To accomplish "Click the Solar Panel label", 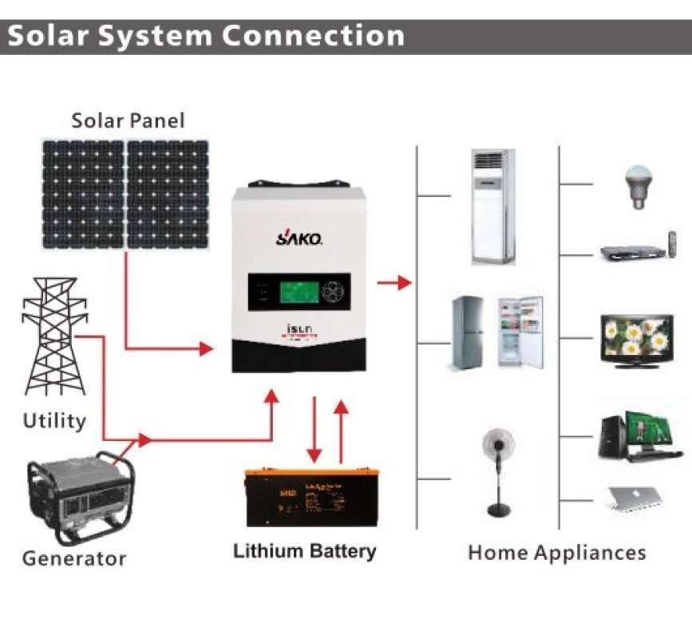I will tap(128, 121).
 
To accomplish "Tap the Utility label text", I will tap(54, 420).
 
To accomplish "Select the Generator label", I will tap(73, 558).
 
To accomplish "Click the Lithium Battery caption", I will tap(304, 551).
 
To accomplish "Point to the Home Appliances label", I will tap(556, 553).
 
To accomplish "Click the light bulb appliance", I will tap(636, 187).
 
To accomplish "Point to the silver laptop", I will tap(634, 497).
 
